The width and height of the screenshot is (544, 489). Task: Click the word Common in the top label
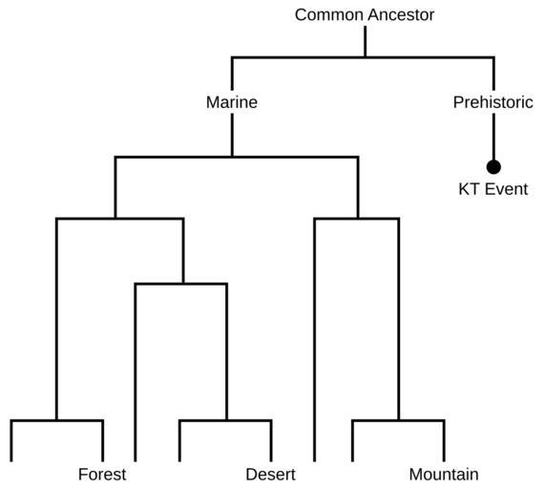(x=330, y=15)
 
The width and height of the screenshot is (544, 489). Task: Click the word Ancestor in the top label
(x=402, y=15)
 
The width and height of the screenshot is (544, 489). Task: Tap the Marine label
(x=232, y=102)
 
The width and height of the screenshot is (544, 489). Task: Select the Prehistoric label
(x=493, y=102)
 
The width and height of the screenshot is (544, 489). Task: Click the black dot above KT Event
(x=493, y=167)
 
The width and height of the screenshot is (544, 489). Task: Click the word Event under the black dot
(x=506, y=189)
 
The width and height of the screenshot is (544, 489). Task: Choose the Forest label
(x=102, y=475)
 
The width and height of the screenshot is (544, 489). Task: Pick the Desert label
(x=271, y=475)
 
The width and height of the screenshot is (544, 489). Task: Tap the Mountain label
(x=444, y=475)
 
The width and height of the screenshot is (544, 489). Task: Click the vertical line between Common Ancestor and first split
(x=366, y=41)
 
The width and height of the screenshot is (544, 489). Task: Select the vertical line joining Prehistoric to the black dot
(x=493, y=138)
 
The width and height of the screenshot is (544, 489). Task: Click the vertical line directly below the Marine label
(x=232, y=135)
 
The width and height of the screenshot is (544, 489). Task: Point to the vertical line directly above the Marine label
(x=232, y=74)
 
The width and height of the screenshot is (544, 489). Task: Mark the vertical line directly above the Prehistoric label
(x=493, y=74)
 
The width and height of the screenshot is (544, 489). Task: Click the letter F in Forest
(x=83, y=475)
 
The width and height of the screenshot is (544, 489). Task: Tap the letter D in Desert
(x=251, y=475)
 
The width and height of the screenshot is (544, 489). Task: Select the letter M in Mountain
(x=416, y=475)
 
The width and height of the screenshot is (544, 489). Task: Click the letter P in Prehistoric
(x=458, y=102)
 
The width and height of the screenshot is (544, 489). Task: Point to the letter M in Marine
(x=213, y=102)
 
